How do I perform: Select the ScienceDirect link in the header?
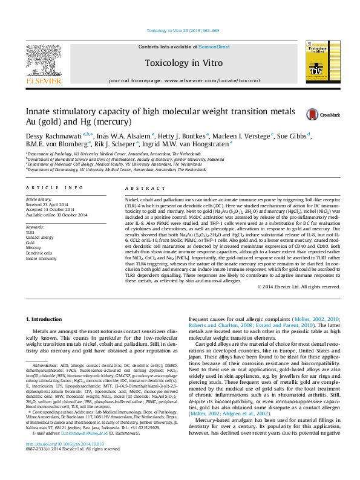tap(214, 47)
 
